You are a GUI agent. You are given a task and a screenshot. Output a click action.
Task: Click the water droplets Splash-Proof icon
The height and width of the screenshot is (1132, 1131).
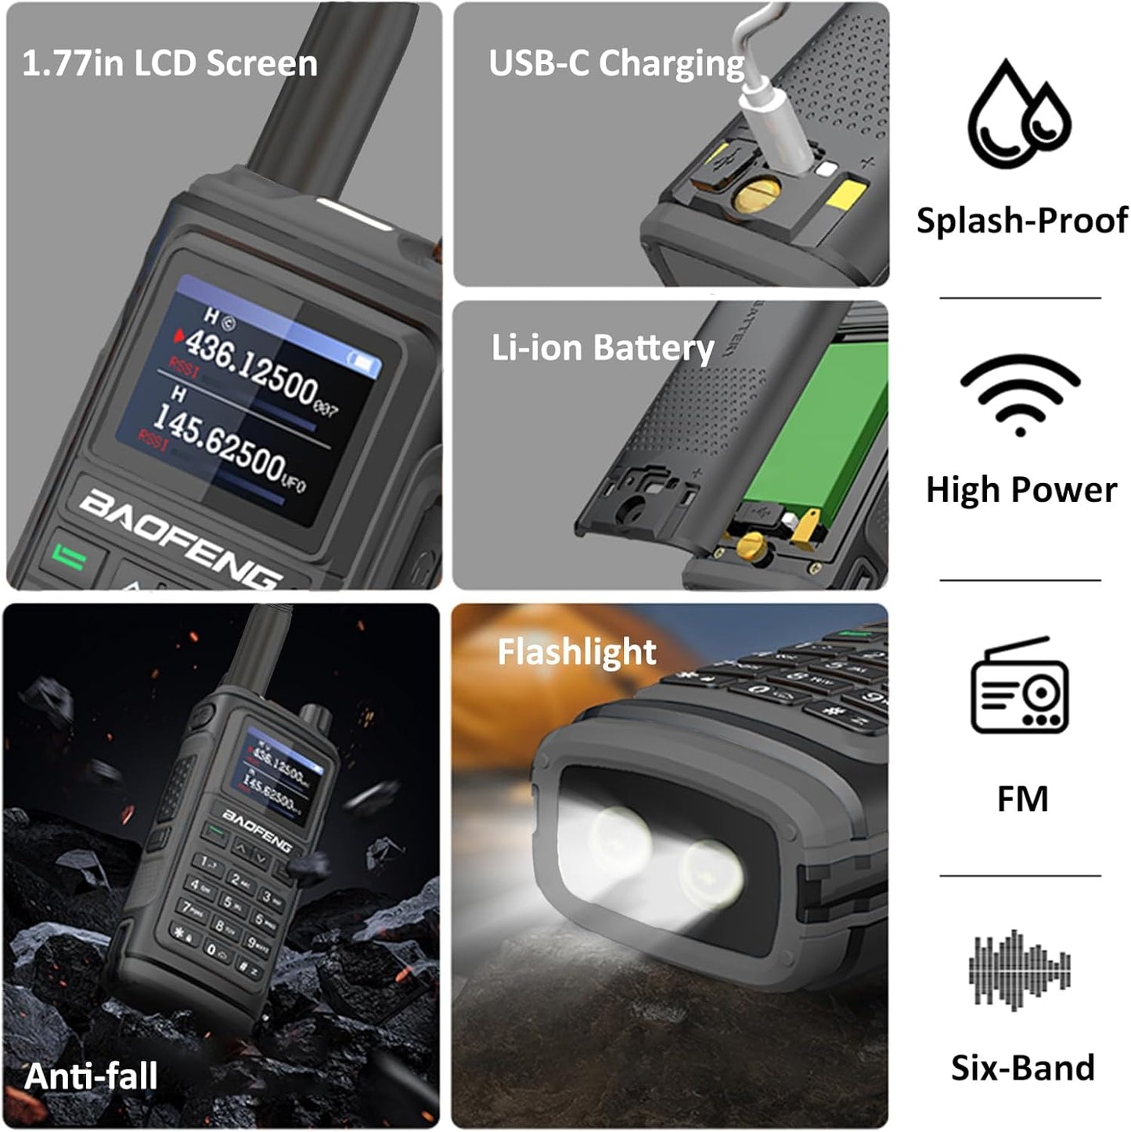(1018, 114)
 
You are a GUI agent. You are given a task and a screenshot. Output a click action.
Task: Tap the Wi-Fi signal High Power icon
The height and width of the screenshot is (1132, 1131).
(1020, 394)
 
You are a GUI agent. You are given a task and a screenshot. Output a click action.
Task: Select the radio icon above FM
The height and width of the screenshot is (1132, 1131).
(1019, 686)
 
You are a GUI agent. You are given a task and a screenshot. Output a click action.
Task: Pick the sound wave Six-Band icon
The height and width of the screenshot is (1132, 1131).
(1019, 969)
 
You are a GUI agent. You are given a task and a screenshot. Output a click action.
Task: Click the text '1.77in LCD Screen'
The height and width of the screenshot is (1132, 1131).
(169, 63)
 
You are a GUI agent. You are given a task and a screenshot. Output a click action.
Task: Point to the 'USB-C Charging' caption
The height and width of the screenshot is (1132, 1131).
(616, 63)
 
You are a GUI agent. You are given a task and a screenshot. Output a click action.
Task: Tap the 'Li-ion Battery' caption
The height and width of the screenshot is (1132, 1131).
(602, 348)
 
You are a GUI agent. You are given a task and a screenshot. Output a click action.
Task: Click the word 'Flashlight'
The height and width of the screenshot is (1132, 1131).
(576, 651)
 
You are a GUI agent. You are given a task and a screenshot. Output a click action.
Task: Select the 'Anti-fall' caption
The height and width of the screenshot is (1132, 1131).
(91, 1076)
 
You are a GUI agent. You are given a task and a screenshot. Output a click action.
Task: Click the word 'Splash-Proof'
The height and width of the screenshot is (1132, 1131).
(1021, 221)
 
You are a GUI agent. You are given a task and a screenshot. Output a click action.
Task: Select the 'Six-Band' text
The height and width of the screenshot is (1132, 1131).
(1022, 1068)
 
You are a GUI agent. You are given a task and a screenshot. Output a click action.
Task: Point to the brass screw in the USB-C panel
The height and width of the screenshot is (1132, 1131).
(756, 194)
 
